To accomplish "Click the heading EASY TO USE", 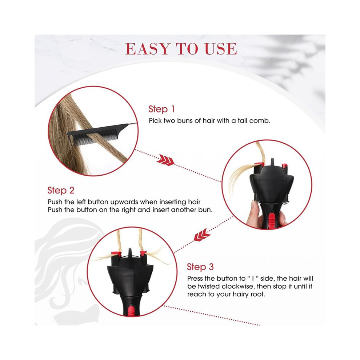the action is [x=181, y=49].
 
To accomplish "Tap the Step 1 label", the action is [x=161, y=109].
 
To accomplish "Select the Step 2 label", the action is [x=61, y=190].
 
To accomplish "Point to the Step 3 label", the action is [x=200, y=267].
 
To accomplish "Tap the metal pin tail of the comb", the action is [x=133, y=124].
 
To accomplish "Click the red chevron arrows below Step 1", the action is [x=165, y=160].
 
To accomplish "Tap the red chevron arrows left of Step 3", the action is [x=202, y=235].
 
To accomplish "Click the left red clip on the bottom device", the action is [x=116, y=253].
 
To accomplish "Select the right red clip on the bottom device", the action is [x=143, y=253].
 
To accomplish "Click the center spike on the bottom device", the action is [x=130, y=252].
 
